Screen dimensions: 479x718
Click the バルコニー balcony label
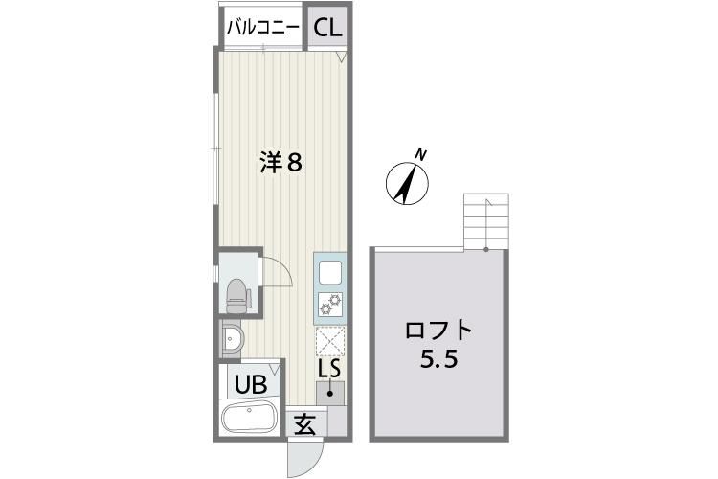click(x=262, y=27)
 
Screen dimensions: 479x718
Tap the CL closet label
click(x=326, y=27)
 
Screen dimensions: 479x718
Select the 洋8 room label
click(x=281, y=163)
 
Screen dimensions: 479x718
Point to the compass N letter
click(x=420, y=153)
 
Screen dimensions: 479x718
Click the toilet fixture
click(x=236, y=296)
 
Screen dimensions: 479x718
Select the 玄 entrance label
click(x=305, y=423)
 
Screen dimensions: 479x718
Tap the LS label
click(x=329, y=368)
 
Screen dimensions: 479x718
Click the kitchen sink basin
click(x=329, y=272)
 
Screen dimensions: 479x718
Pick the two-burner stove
click(x=329, y=305)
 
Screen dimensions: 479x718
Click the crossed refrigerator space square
click(x=329, y=340)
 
